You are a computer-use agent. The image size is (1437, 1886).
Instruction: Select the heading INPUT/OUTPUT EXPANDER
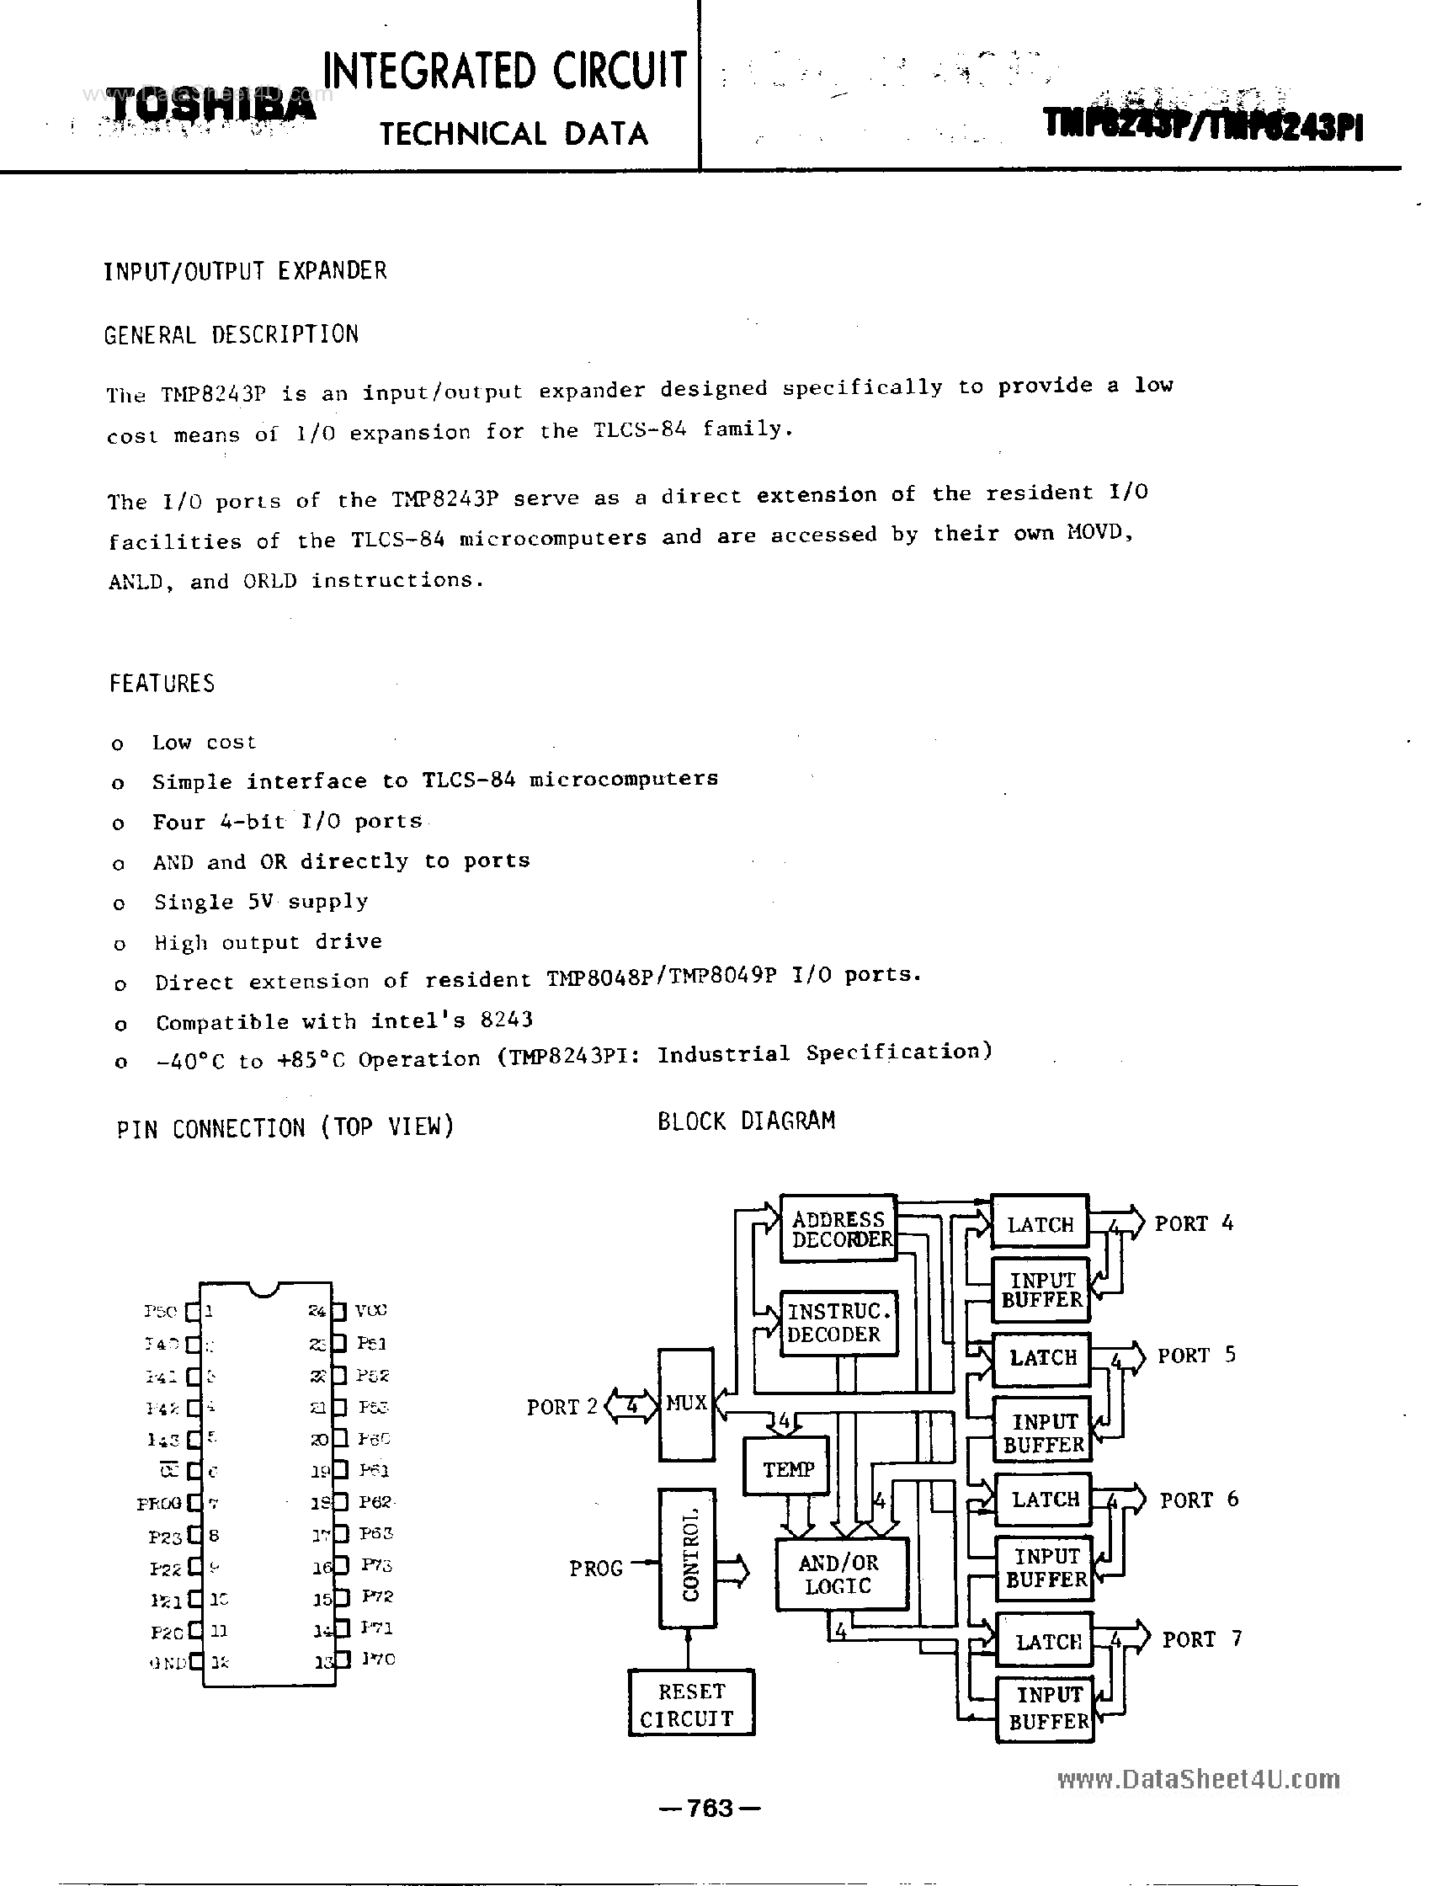[246, 271]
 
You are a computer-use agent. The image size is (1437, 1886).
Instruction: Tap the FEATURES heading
[162, 684]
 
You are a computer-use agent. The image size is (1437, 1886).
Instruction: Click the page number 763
[709, 1808]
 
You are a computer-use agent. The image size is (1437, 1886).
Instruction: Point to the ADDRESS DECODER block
[838, 1229]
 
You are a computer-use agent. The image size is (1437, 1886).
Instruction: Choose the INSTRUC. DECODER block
[838, 1324]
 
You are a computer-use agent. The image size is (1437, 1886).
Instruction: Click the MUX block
[686, 1404]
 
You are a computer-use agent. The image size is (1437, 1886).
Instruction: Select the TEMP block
[787, 1469]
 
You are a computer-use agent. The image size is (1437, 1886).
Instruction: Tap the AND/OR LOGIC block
[839, 1574]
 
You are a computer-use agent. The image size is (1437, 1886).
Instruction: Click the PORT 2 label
[561, 1407]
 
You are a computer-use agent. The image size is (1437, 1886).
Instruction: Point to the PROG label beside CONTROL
[596, 1568]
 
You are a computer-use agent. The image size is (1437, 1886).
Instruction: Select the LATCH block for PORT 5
[1042, 1358]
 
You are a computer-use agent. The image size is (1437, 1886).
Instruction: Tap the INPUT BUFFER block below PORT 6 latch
[1046, 1568]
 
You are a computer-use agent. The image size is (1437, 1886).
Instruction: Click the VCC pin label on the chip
[370, 1310]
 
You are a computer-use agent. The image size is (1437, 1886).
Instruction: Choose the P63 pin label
[375, 1533]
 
